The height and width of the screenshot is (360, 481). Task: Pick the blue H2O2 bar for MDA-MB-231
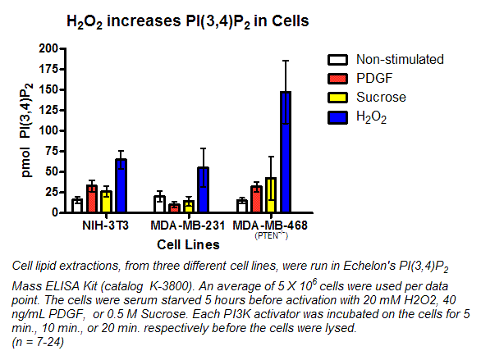203,190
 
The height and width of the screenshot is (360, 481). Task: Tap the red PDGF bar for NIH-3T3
92,199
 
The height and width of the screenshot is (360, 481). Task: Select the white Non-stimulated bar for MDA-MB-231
159,204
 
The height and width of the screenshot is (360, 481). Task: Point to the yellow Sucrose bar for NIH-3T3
106,202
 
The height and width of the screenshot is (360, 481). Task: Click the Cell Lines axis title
187,244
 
